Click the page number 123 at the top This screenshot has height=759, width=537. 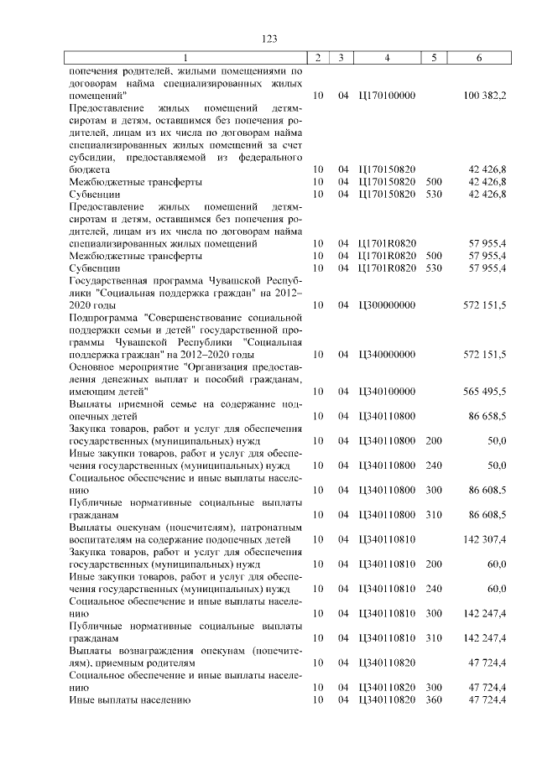[x=268, y=39]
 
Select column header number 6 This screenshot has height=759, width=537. [x=478, y=58]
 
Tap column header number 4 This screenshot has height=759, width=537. [x=387, y=58]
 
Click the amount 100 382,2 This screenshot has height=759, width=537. [x=484, y=96]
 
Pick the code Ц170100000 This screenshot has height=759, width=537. [x=386, y=96]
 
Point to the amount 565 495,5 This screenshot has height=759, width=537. [x=484, y=392]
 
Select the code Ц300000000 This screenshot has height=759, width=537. [x=386, y=305]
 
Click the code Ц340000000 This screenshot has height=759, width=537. [x=386, y=355]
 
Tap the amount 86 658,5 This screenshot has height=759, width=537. [x=486, y=416]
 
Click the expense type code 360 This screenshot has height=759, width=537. [x=434, y=699]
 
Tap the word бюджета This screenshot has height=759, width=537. [x=89, y=169]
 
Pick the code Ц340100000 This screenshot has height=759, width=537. [x=386, y=392]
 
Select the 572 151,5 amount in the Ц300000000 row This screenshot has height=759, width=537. [x=484, y=305]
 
